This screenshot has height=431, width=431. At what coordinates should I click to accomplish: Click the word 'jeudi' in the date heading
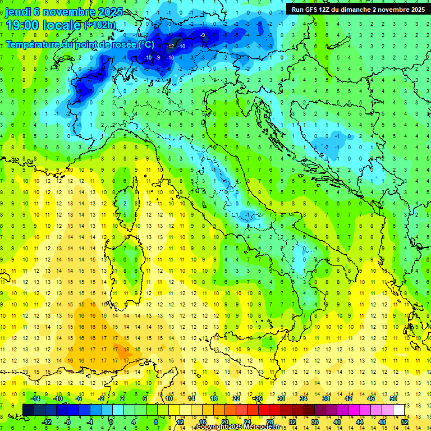(17, 12)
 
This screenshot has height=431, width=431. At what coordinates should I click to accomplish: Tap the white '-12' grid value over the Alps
(171, 46)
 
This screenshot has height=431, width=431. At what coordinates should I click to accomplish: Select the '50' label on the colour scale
(393, 398)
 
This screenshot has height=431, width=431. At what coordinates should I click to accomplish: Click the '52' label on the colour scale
(405, 422)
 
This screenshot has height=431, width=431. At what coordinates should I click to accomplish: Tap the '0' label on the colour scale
(111, 422)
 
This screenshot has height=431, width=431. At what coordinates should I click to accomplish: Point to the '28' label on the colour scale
(269, 422)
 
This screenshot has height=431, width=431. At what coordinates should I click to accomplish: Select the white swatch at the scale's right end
(398, 410)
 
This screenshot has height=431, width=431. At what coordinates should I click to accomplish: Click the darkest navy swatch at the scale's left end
(28, 410)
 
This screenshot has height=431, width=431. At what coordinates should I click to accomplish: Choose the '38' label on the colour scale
(326, 398)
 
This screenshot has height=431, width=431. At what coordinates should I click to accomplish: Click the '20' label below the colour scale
(224, 422)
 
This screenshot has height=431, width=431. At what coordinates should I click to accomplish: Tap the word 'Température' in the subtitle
(32, 44)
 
